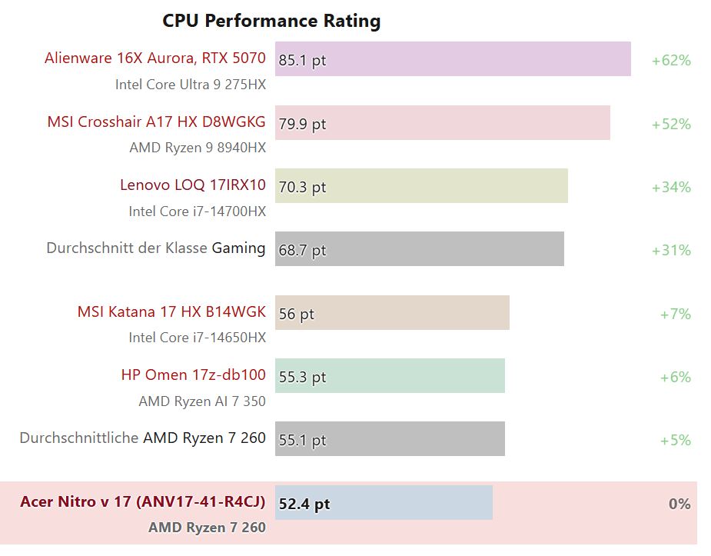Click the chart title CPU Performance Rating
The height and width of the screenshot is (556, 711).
pyautogui.click(x=271, y=21)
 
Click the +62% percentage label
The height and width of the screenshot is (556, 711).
pyautogui.click(x=671, y=60)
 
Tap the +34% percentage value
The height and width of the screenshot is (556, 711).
pyautogui.click(x=671, y=187)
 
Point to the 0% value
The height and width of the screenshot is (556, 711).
pyautogui.click(x=679, y=504)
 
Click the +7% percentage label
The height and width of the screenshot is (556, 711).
pyautogui.click(x=675, y=314)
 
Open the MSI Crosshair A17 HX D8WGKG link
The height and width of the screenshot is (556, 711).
pyautogui.click(x=156, y=122)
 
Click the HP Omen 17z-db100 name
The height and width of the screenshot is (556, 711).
pyautogui.click(x=193, y=375)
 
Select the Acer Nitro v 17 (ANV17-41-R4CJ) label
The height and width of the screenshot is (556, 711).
pyautogui.click(x=142, y=501)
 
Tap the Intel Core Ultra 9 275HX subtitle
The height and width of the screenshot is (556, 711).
pyautogui.click(x=191, y=85)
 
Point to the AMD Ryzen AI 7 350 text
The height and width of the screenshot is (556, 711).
pyautogui.click(x=202, y=401)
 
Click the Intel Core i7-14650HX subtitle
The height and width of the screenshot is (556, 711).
pyautogui.click(x=197, y=338)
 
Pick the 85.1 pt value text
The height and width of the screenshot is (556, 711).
pyautogui.click(x=302, y=60)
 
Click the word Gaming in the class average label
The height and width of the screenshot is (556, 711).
pyautogui.click(x=238, y=248)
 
